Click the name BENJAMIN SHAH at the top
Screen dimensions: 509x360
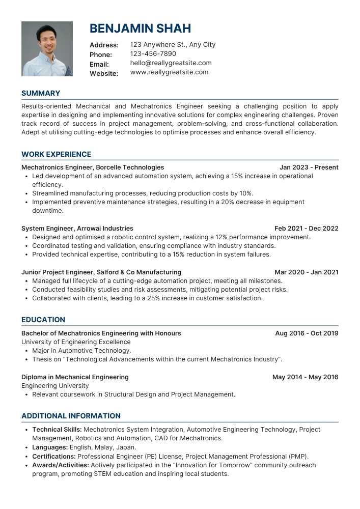pyautogui.click(x=140, y=29)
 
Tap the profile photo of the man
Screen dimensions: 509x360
pyautogui.click(x=47, y=49)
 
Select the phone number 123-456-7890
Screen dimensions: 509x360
pyautogui.click(x=153, y=54)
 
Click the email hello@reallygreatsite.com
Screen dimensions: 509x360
pyautogui.click(x=171, y=63)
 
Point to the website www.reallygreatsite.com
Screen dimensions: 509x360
pyautogui.click(x=169, y=72)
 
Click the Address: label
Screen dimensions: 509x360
pyautogui.click(x=104, y=45)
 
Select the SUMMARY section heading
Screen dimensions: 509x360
pyautogui.click(x=41, y=93)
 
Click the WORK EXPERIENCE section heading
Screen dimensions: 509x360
pyautogui.click(x=56, y=154)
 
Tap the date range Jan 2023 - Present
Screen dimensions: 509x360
pyautogui.click(x=309, y=167)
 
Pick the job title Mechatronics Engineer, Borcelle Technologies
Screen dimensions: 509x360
pyautogui.click(x=93, y=167)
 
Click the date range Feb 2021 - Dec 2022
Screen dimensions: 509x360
pyautogui.click(x=306, y=229)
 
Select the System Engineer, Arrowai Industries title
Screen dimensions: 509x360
pyautogui.click(x=77, y=229)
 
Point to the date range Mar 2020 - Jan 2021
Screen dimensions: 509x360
pyautogui.click(x=306, y=272)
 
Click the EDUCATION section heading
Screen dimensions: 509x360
pyautogui.click(x=43, y=320)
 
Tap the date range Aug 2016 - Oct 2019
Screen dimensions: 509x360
pyautogui.click(x=307, y=333)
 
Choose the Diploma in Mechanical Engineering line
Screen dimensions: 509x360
pyautogui.click(x=75, y=377)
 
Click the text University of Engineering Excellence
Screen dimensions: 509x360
pyautogui.click(x=76, y=342)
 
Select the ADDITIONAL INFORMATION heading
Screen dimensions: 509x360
pyautogui.click(x=71, y=416)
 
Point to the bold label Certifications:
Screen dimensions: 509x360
pyautogui.click(x=54, y=457)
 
